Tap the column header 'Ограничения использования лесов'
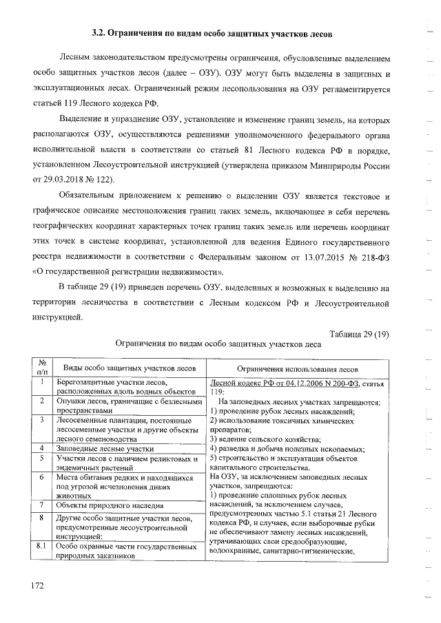click(297, 369)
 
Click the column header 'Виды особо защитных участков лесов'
click(124, 369)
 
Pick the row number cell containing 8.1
click(42, 547)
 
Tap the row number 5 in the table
click(42, 458)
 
